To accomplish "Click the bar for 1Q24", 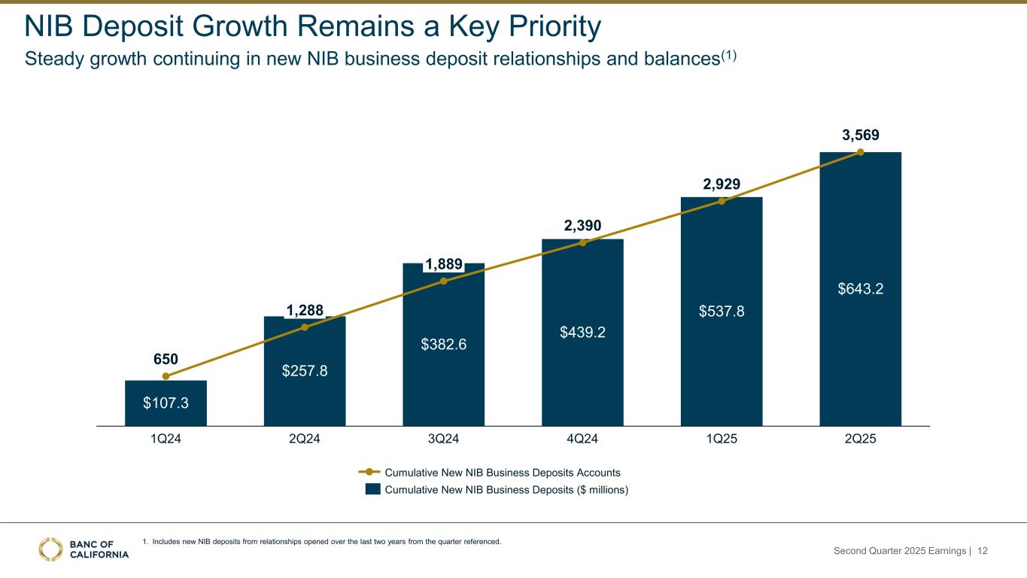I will [x=166, y=403].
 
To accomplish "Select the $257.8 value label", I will [x=305, y=371].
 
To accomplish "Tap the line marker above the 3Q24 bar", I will [x=444, y=281].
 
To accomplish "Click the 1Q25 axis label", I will [x=722, y=440].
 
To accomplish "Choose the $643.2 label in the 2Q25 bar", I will [x=860, y=288].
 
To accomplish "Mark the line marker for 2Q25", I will [x=861, y=152].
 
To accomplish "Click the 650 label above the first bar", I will [x=166, y=359].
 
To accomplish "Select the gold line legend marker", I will [x=369, y=473].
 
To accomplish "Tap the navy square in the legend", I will [x=372, y=489].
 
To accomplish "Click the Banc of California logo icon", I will [x=51, y=549].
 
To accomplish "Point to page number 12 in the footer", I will [x=982, y=552].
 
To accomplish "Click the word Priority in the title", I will [x=551, y=27].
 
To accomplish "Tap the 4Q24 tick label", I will [x=582, y=440].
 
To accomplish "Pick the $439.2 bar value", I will [x=582, y=331].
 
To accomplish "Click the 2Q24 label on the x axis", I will [x=305, y=440].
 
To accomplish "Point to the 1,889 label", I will [x=444, y=264].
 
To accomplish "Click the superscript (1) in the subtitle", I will [x=726, y=55].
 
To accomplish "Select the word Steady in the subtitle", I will [x=53, y=59].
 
